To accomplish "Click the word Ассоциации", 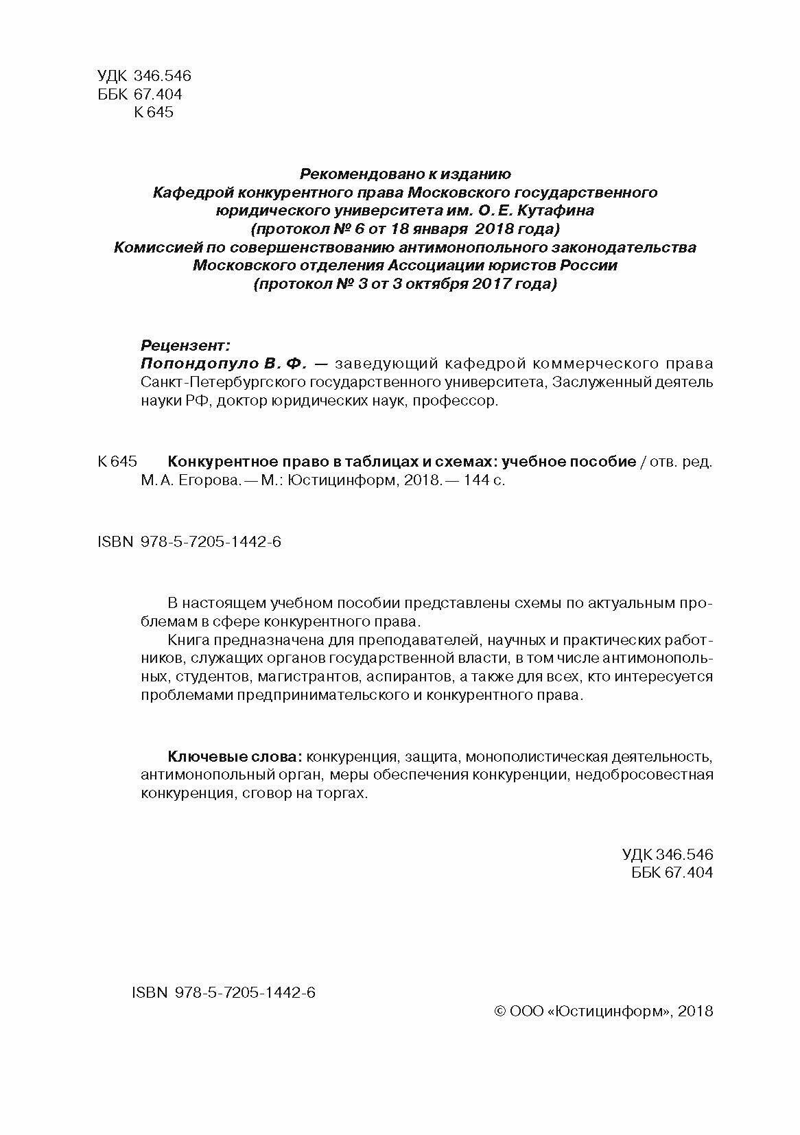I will (x=436, y=266).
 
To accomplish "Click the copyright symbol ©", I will (x=500, y=1011).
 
